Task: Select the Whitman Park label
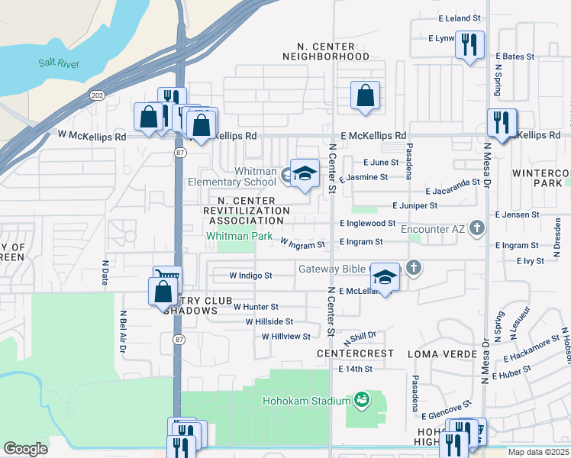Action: point(240,237)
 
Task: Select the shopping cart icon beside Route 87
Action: point(167,277)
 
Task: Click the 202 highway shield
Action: point(97,95)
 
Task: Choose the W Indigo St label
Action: point(251,275)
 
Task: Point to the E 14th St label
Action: point(355,369)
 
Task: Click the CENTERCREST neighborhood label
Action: point(356,354)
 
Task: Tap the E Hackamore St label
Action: point(531,348)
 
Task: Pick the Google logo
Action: point(26,449)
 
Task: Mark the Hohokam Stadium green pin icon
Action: point(362,400)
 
